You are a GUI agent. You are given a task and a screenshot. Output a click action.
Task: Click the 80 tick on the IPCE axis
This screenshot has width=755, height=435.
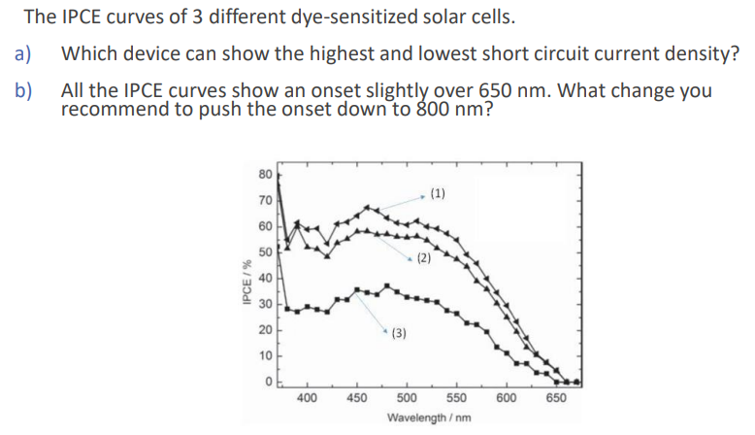point(265,176)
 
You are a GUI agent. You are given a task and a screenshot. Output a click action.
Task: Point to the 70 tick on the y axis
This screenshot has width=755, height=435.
point(265,202)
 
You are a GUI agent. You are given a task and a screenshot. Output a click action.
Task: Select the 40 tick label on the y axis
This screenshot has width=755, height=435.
point(265,278)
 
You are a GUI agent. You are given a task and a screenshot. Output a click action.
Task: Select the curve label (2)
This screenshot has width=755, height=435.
point(423,258)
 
